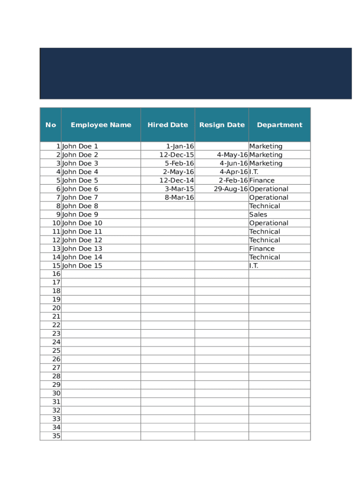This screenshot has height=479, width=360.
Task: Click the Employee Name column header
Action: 101,125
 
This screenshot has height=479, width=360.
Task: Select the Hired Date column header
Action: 167,125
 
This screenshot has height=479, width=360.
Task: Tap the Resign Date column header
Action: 222,125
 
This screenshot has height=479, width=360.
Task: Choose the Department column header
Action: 280,125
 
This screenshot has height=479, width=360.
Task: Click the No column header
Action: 50,125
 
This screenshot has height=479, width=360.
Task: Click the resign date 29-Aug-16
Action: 230,189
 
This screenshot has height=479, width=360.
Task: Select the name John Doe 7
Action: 80,197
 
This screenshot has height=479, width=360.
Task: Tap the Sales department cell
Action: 258,215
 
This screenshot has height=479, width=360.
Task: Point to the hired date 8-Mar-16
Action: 179,197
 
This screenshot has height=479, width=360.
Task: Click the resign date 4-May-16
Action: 232,155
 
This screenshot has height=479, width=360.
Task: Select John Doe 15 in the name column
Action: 82,266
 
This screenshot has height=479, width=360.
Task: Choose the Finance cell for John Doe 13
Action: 262,249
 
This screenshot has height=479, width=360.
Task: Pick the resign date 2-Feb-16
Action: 233,181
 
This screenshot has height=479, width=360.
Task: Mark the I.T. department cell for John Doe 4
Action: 254,172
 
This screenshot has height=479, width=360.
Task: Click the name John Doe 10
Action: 82,223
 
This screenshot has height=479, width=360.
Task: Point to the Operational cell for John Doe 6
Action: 269,189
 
